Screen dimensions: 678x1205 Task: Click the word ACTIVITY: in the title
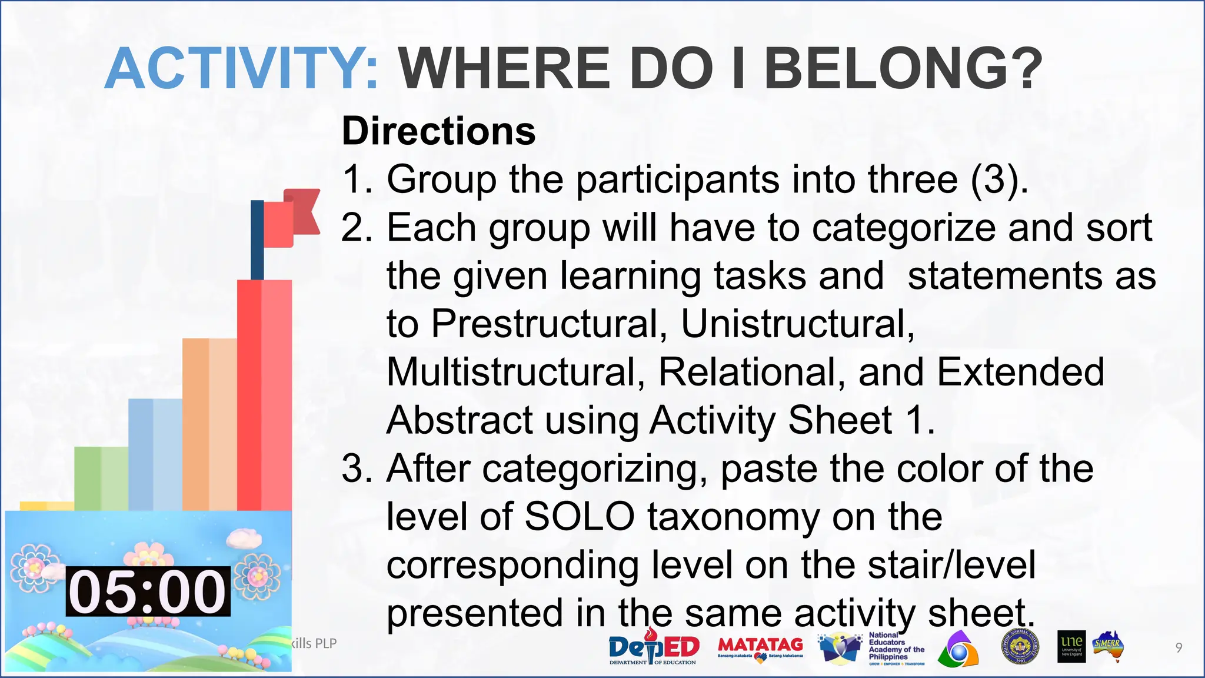pyautogui.click(x=242, y=69)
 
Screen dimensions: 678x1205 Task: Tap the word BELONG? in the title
pyautogui.click(x=903, y=69)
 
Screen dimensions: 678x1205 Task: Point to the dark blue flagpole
pyautogui.click(x=257, y=240)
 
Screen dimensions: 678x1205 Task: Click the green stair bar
pyautogui.click(x=101, y=478)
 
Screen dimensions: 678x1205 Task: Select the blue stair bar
pyautogui.click(x=155, y=454)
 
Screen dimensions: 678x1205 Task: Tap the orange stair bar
pyautogui.click(x=209, y=424)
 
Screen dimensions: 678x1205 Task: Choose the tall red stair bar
pyautogui.click(x=264, y=394)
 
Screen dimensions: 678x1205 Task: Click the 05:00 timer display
pyautogui.click(x=148, y=591)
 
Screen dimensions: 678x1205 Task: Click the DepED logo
pyautogui.click(x=654, y=649)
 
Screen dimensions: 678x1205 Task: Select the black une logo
pyautogui.click(x=1071, y=647)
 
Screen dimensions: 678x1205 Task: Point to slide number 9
pyautogui.click(x=1179, y=648)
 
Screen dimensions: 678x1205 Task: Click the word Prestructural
pyautogui.click(x=550, y=324)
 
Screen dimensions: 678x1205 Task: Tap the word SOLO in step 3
pyautogui.click(x=579, y=517)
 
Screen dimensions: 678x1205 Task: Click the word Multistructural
pyautogui.click(x=515, y=372)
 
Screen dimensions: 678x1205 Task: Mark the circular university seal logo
pyautogui.click(x=1020, y=648)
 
